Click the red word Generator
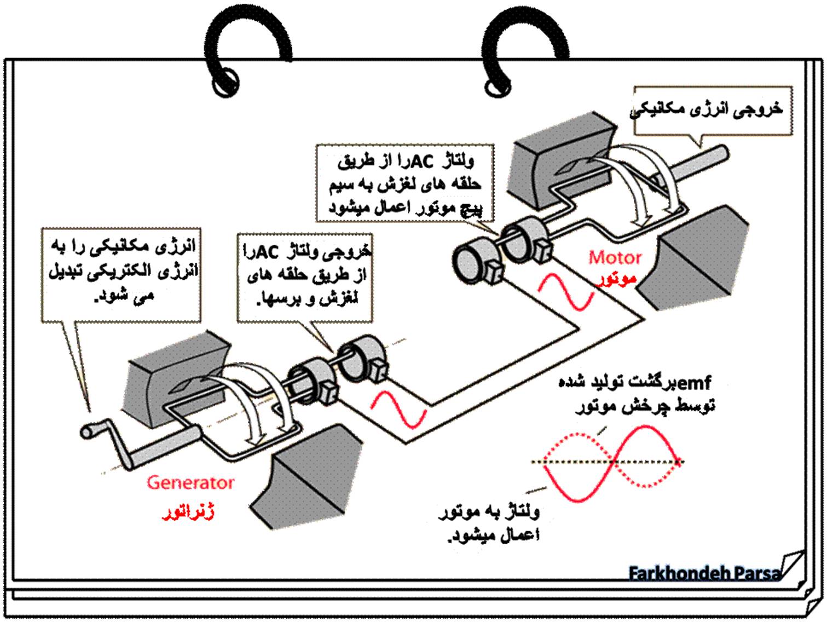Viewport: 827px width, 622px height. point(190,482)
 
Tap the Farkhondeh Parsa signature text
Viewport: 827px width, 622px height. point(705,573)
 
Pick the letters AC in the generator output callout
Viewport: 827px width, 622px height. point(269,252)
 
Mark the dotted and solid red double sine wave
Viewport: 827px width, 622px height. point(606,463)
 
